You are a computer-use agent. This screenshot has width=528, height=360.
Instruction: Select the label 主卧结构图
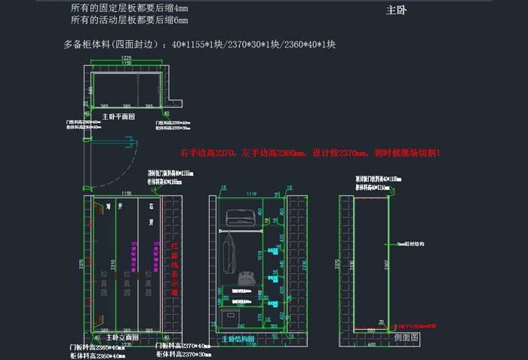[239, 340]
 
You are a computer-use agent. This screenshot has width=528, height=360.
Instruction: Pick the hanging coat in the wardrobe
[230, 253]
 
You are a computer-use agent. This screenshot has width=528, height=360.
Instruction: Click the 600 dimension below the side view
[372, 346]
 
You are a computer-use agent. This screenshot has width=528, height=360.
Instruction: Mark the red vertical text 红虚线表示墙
[174, 268]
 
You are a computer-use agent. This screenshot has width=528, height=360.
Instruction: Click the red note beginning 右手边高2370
[310, 153]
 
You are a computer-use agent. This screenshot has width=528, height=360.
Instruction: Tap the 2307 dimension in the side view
[385, 266]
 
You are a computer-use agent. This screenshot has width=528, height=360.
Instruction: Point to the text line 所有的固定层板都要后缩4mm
[130, 8]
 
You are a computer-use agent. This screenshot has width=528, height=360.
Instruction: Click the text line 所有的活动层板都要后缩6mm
[130, 20]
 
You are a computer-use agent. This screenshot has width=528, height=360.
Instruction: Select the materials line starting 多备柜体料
[200, 45]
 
